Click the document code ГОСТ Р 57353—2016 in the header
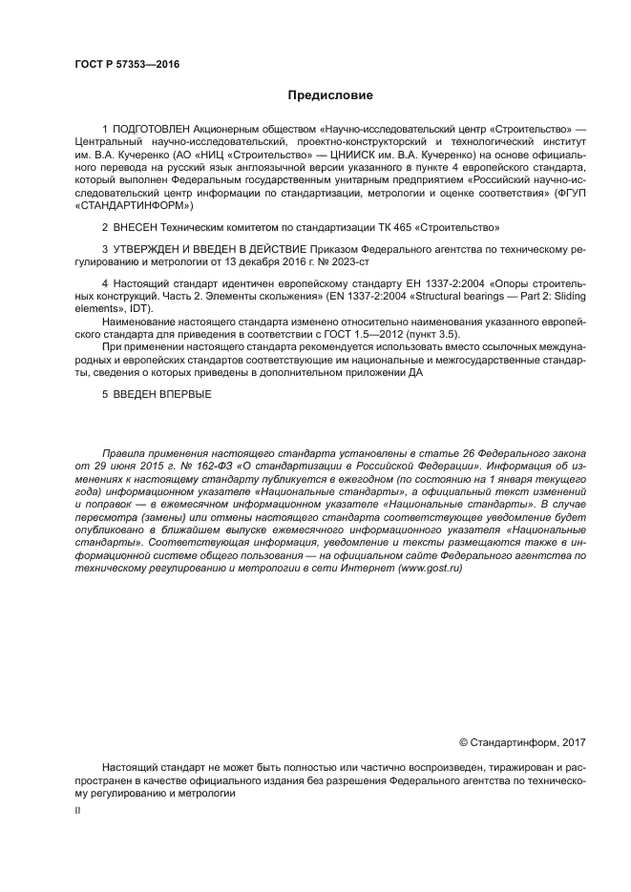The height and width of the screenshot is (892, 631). pos(126,65)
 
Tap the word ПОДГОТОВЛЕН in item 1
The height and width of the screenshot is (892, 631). pos(151,128)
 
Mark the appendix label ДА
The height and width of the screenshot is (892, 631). pos(414,372)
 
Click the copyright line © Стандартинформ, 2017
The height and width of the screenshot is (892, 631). pos(522,741)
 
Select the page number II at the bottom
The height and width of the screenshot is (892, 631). pos(77,809)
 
